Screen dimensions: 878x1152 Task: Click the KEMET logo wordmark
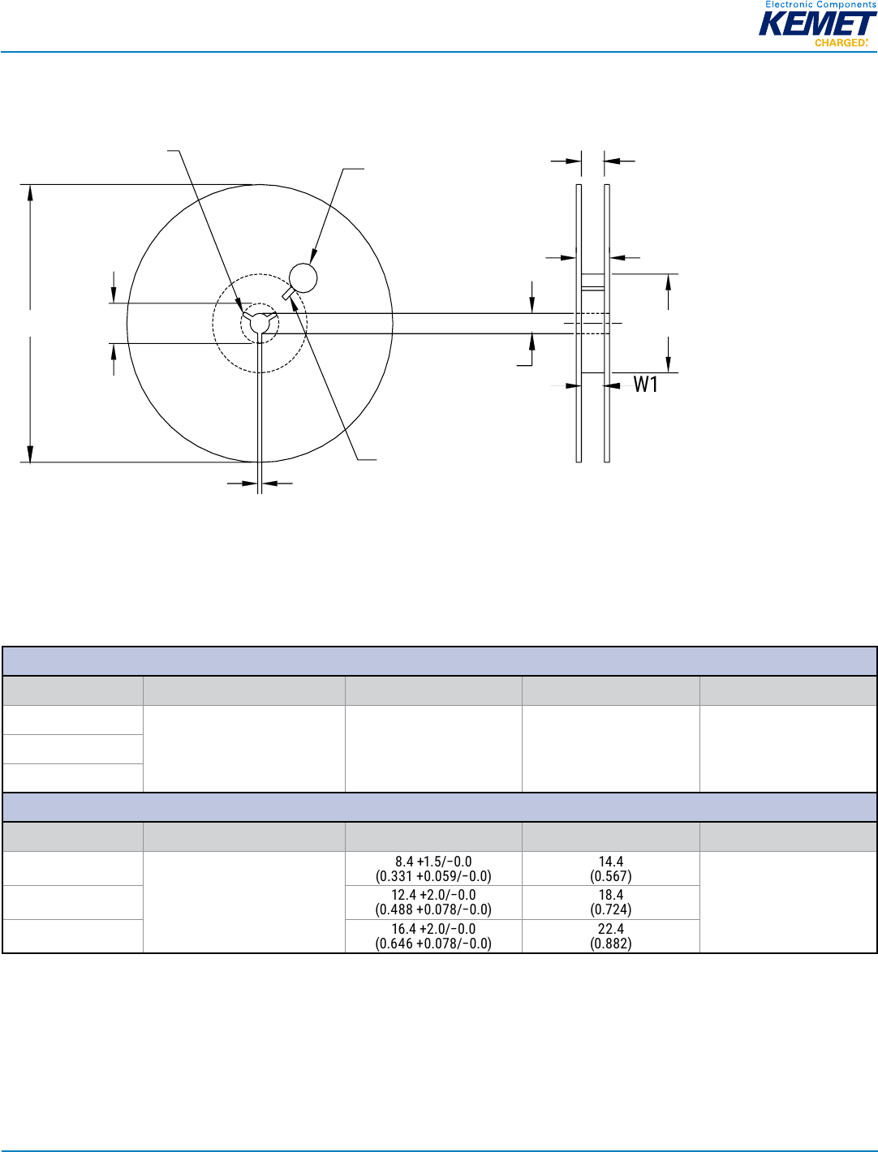817,24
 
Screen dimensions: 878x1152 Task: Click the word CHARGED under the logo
841,42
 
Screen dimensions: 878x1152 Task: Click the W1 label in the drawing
645,385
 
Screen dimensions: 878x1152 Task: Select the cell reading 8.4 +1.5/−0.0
433,869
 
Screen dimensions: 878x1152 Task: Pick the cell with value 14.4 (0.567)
610,869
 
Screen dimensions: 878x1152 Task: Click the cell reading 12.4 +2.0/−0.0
433,902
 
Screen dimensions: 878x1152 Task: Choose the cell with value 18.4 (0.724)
610,902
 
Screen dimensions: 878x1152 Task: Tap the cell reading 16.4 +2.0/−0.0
433,935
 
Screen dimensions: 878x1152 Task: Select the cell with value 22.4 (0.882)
610,935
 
